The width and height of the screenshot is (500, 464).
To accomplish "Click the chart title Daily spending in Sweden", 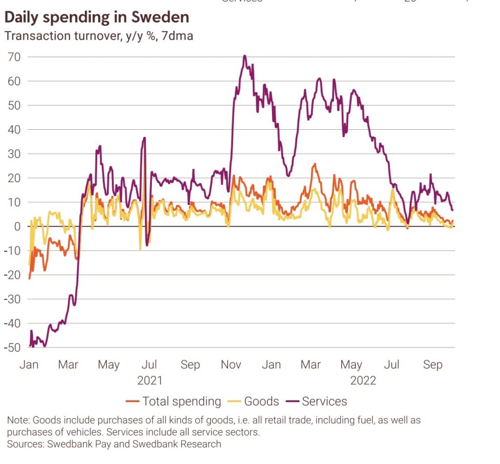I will pos(97,18).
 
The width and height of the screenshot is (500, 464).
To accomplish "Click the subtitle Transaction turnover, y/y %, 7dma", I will pos(99,36).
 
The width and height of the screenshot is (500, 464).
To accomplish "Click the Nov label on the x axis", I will pos(230,365).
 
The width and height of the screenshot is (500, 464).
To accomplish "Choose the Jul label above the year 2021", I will pos(149,365).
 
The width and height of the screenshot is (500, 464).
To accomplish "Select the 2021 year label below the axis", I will pos(149,381).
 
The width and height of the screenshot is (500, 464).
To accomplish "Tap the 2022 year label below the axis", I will pos(363,381).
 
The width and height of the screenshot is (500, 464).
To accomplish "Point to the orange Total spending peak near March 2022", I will pos(314,164).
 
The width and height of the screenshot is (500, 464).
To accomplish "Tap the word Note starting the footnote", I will pos(18,420).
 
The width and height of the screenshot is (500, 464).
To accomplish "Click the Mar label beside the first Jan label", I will pos(68,365).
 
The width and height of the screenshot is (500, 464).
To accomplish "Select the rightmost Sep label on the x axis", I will pos(433,365).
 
